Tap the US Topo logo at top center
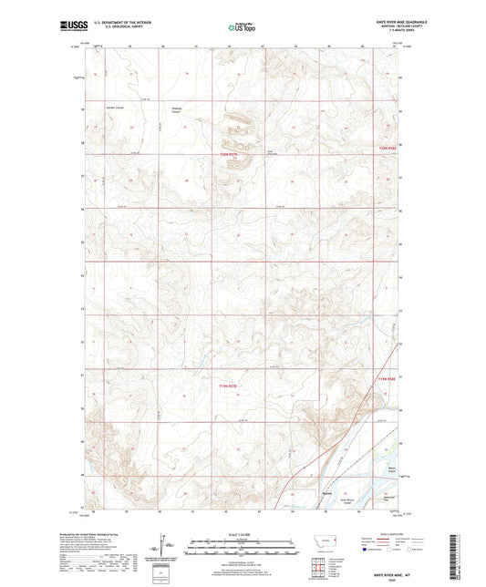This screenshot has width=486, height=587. tap(242, 28)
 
